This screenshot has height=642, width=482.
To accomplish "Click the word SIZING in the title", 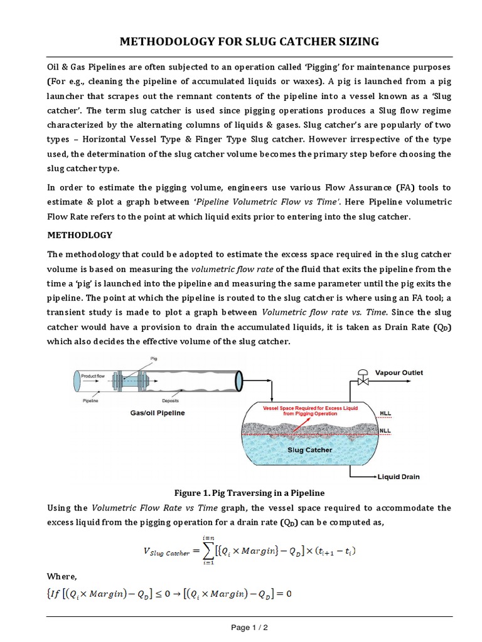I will [353, 41].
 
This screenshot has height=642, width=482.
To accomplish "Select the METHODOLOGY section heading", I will [80, 235].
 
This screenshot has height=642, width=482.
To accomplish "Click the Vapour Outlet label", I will [399, 372].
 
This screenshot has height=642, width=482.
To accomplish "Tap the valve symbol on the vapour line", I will [362, 380].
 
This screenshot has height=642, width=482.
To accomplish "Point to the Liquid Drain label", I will [399, 477].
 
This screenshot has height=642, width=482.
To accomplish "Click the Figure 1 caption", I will [240, 493].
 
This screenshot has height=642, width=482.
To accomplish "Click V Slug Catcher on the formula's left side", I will [163, 551].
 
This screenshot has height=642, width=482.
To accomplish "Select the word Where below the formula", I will [63, 576].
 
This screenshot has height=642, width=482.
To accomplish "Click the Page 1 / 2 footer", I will [241, 628].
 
